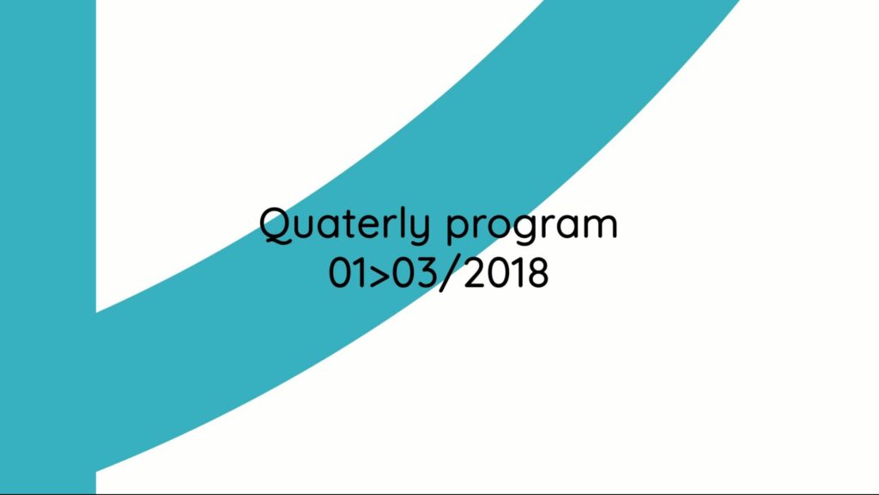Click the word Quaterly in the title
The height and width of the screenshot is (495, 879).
345,226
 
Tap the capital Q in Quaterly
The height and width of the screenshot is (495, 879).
276,225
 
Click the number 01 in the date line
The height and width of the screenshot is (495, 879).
348,273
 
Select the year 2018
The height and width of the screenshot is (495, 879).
506,273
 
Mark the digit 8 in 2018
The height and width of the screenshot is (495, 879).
537,273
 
